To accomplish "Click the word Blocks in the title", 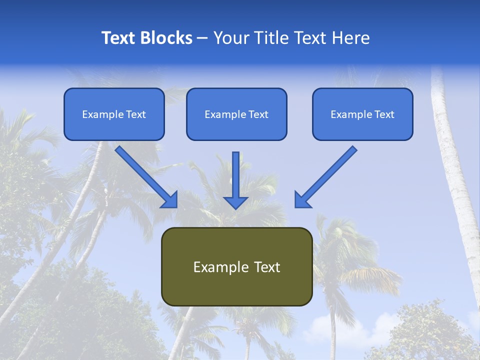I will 167,38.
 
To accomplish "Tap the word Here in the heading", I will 349,38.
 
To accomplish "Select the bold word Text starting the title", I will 118,38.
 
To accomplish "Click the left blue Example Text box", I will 114,114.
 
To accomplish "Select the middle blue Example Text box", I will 236,114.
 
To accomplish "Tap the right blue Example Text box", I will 362,114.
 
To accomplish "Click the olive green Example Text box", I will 236,266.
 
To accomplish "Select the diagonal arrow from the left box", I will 145,175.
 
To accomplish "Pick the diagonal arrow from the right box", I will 327,175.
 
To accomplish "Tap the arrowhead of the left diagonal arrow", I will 170,200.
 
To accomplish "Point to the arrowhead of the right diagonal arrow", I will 302,200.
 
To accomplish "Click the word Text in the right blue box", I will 384,114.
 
